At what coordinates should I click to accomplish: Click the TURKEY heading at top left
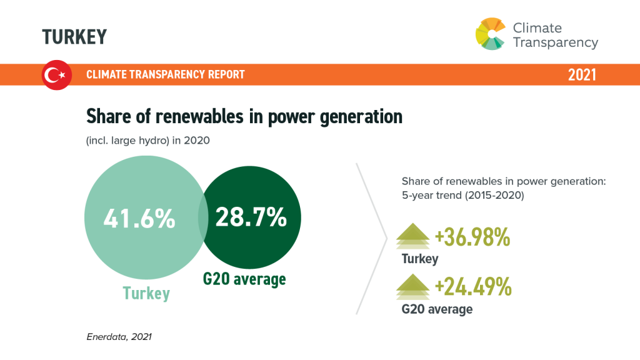tap(74, 37)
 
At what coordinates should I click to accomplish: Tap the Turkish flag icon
tap(57, 75)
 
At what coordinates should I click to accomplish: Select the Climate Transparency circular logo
tap(491, 34)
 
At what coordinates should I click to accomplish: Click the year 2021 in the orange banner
tap(582, 75)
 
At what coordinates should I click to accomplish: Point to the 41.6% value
tap(139, 218)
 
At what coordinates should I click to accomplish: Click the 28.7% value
tap(251, 217)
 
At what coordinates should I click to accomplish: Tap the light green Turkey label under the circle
tap(146, 293)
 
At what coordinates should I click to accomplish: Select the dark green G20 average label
tap(244, 279)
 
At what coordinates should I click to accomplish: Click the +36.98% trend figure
tap(472, 237)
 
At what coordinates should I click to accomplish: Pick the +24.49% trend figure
tap(474, 286)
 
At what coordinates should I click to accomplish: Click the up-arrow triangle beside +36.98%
tap(413, 236)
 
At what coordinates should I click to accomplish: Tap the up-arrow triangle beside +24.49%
tap(413, 286)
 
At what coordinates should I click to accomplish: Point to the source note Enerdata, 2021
tap(119, 337)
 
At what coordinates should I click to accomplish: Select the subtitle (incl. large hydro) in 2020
tap(147, 141)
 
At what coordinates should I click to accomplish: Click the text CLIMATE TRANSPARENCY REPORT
tap(165, 74)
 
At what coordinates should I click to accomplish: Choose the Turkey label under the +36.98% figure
tap(420, 259)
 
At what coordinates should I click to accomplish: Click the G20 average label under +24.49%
tap(437, 309)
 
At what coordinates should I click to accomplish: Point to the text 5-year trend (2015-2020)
tap(463, 195)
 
